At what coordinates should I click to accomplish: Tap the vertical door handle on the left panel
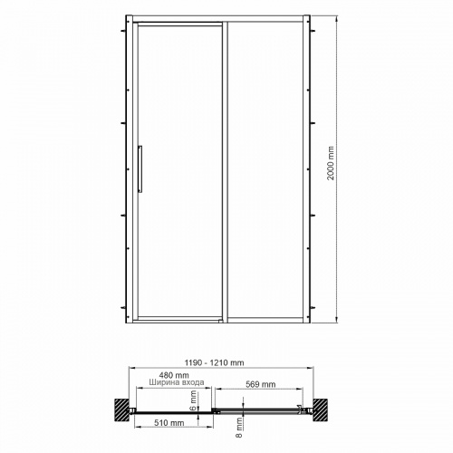click(x=140, y=169)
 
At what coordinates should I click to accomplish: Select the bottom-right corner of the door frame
click(x=308, y=322)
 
